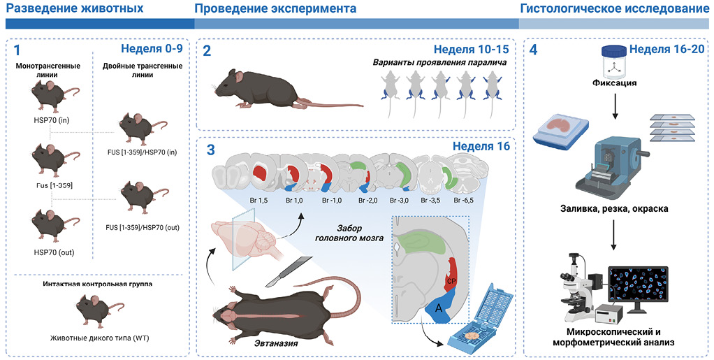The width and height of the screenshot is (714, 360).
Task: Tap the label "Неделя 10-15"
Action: coord(470,50)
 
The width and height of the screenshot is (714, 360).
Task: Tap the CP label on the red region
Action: coord(451,280)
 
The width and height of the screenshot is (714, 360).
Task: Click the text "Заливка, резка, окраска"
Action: coord(611,208)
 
